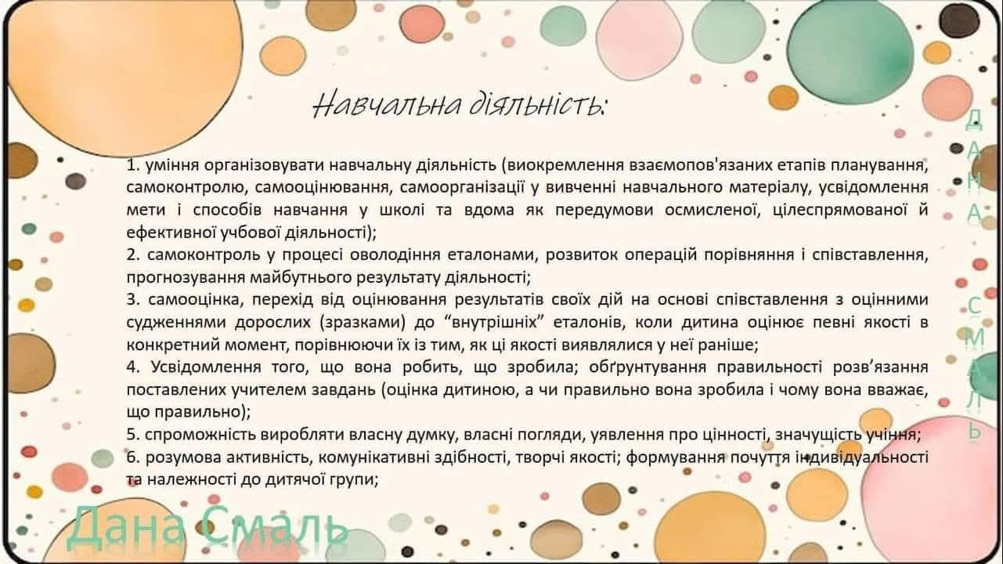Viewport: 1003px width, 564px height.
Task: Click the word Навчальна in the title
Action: pyautogui.click(x=388, y=105)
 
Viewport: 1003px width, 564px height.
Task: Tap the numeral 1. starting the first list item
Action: pyautogui.click(x=132, y=165)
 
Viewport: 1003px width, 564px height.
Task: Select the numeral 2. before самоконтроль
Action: pyautogui.click(x=133, y=255)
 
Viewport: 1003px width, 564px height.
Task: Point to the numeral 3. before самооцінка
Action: pyautogui.click(x=133, y=300)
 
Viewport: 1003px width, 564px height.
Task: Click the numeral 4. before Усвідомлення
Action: pyautogui.click(x=134, y=367)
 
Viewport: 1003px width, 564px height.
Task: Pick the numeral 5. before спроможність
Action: pyautogui.click(x=133, y=435)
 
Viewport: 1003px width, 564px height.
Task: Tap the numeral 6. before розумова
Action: pyautogui.click(x=133, y=457)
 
